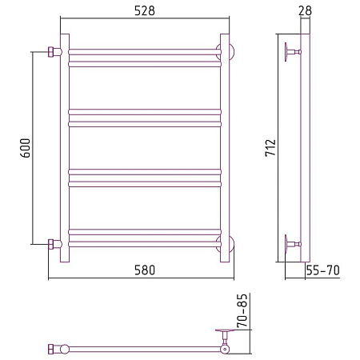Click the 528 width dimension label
pyautogui.click(x=145, y=11)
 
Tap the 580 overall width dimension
pyautogui.click(x=145, y=270)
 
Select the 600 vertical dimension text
pyautogui.click(x=26, y=148)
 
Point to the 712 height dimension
pyautogui.click(x=270, y=147)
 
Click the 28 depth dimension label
pyautogui.click(x=305, y=10)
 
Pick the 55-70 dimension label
pyautogui.click(x=322, y=270)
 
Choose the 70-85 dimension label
pyautogui.click(x=242, y=310)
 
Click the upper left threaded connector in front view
pyautogui.click(x=54, y=52)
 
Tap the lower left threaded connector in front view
pyautogui.click(x=54, y=244)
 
